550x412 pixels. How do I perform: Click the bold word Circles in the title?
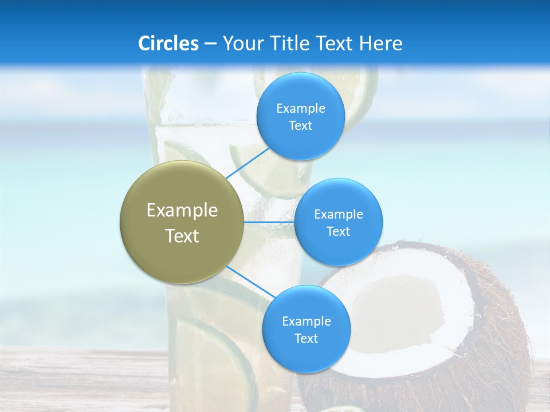pos(168,43)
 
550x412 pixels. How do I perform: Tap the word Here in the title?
pos(380,43)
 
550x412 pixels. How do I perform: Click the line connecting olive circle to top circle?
pos(247,163)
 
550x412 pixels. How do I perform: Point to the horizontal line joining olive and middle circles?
pos(269,221)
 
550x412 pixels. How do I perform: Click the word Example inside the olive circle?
pos(182,211)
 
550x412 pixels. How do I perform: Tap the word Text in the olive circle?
pos(182,236)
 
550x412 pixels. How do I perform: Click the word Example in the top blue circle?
pos(301,109)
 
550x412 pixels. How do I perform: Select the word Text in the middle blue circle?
pos(338,232)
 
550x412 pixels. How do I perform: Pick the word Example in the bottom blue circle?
pos(307,322)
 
